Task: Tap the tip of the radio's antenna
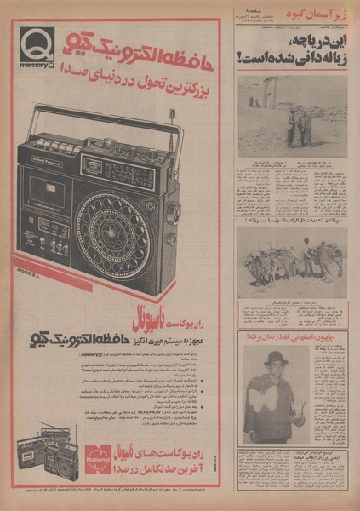[x=173, y=110]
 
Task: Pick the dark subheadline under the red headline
[x=152, y=86]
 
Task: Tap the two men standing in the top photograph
[x=298, y=124]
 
